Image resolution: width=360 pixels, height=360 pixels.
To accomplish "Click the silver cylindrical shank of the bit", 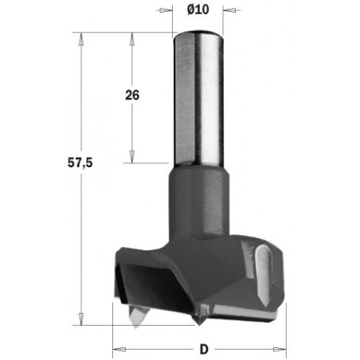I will (x=198, y=96).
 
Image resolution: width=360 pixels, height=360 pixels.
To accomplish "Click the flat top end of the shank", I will (x=198, y=32).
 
